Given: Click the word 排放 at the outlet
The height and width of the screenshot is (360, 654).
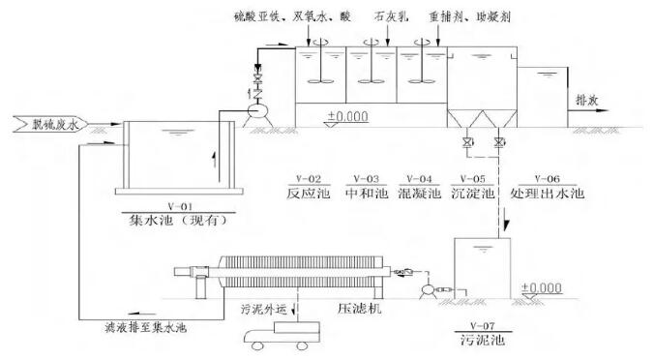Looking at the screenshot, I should [589, 100].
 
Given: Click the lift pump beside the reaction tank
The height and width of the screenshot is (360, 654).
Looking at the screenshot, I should [258, 110].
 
